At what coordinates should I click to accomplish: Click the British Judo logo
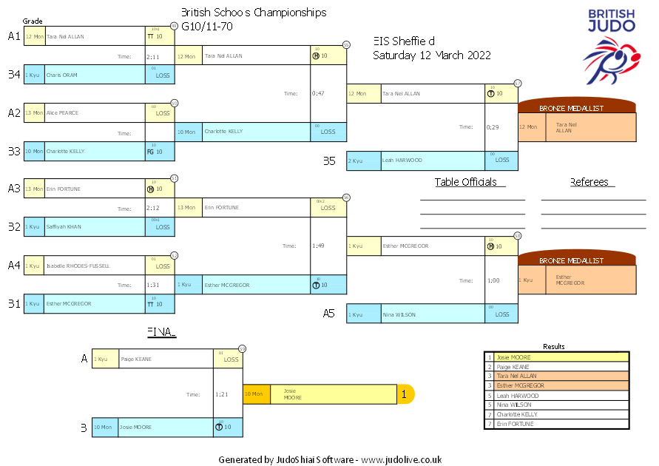(x=611, y=44)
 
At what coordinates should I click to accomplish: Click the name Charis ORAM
(x=61, y=75)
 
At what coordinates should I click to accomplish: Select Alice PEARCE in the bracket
(x=63, y=113)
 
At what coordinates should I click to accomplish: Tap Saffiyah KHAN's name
(x=64, y=227)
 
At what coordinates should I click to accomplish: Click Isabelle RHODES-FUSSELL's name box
(x=78, y=266)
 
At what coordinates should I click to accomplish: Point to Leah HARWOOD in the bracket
(x=402, y=161)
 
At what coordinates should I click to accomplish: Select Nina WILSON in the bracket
(x=399, y=314)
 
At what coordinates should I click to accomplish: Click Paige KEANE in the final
(x=136, y=359)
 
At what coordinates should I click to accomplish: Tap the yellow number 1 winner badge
(x=405, y=395)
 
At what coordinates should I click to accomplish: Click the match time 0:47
(x=318, y=94)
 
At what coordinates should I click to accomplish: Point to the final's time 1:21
(x=222, y=395)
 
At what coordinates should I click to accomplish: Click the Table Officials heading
(x=466, y=182)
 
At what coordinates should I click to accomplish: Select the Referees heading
(x=589, y=182)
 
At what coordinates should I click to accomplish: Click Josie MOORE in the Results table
(x=513, y=357)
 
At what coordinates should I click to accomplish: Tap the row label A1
(x=14, y=36)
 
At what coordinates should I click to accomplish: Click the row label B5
(x=329, y=161)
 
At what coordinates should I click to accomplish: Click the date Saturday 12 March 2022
(x=432, y=55)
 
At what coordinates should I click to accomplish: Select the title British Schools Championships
(x=254, y=13)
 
